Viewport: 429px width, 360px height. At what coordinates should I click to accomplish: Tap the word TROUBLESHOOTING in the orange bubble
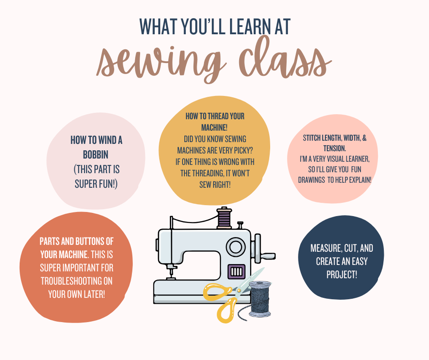click(x=77, y=281)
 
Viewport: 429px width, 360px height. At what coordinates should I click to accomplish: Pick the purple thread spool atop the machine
click(x=224, y=218)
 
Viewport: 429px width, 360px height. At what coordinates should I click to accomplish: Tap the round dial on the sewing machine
click(x=236, y=247)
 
